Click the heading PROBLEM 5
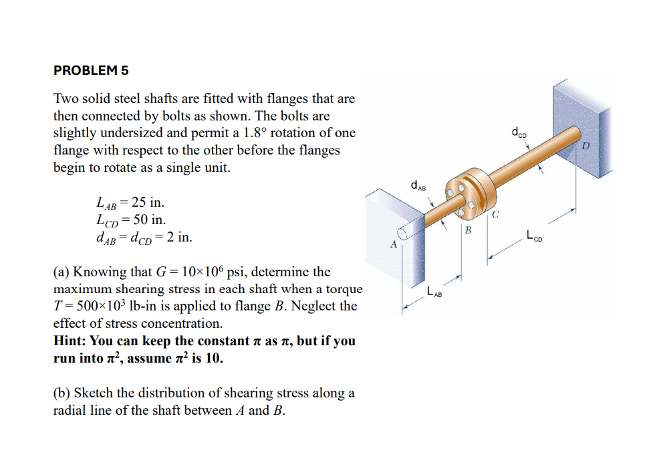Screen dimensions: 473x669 click(91, 70)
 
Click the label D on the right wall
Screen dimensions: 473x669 click(587, 146)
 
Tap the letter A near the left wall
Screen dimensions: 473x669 click(393, 245)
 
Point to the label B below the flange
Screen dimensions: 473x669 click(468, 230)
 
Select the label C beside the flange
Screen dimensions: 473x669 click(495, 215)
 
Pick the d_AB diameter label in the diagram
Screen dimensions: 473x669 click(419, 185)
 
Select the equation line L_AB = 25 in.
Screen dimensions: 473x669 click(130, 203)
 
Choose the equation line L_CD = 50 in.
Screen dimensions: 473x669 click(131, 219)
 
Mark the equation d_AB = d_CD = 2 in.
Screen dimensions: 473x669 click(144, 237)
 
